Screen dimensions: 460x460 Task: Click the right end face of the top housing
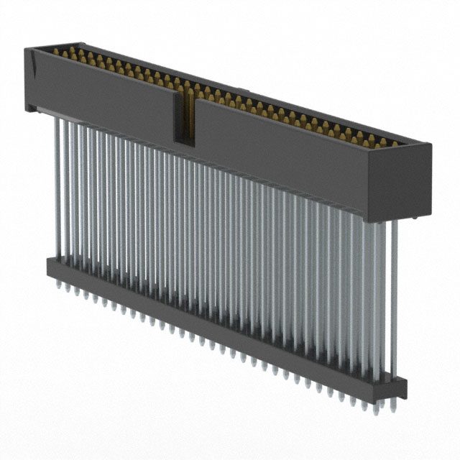[x=418, y=183]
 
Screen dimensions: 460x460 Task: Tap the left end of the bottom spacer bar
[x=50, y=265]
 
